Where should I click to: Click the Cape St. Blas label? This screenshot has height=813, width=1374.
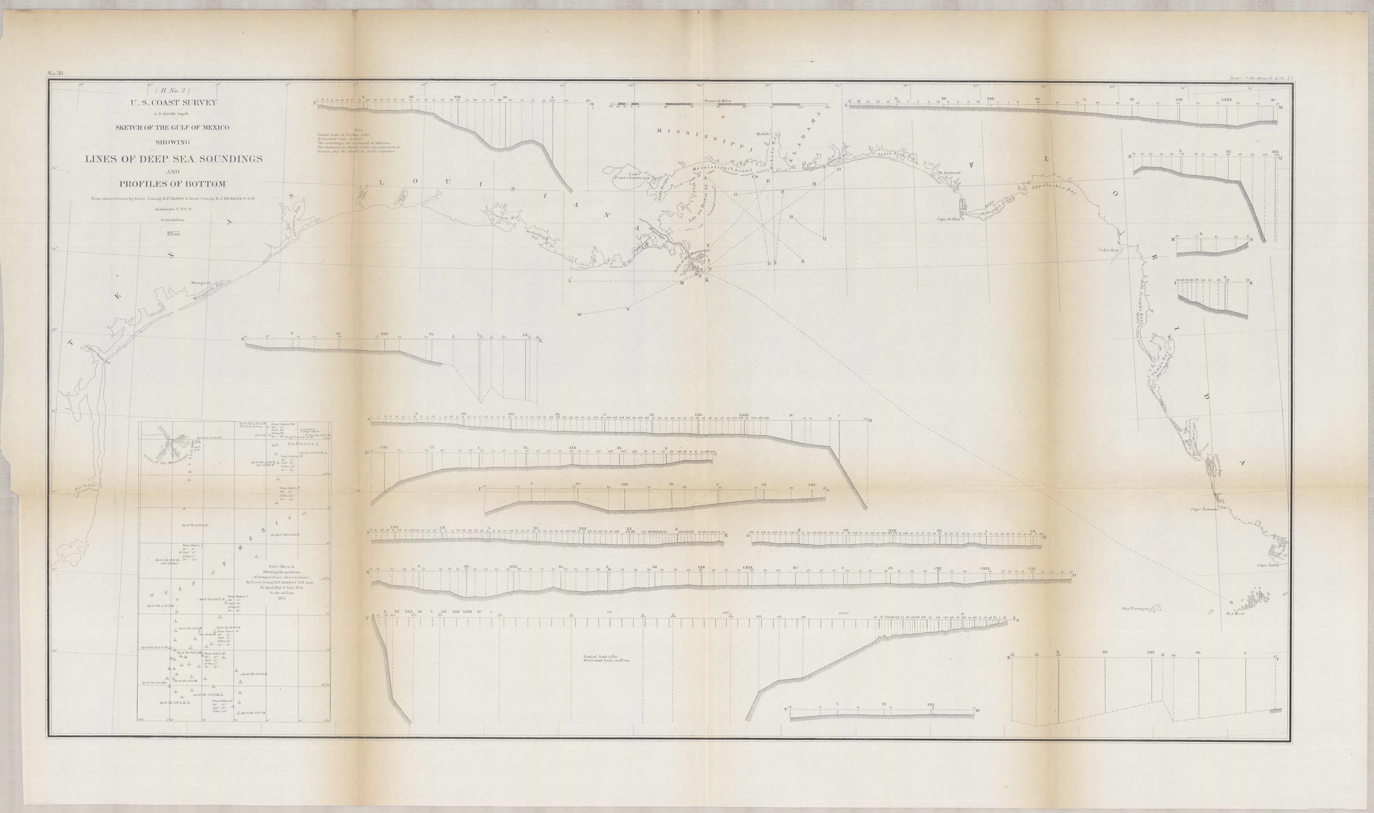click(948, 219)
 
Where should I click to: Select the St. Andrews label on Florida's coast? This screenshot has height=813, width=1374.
click(949, 173)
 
